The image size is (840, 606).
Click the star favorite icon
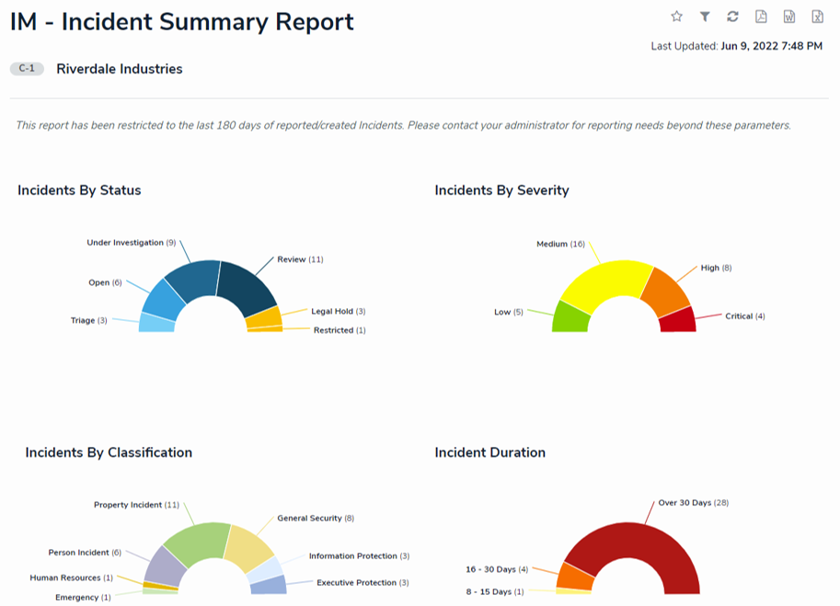pyautogui.click(x=677, y=17)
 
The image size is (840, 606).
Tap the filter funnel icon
pyautogui.click(x=705, y=17)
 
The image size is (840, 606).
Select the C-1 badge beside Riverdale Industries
pyautogui.click(x=27, y=69)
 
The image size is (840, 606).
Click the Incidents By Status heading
pyautogui.click(x=79, y=190)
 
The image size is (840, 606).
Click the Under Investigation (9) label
pyautogui.click(x=131, y=243)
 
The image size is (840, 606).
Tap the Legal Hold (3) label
pyautogui.click(x=338, y=312)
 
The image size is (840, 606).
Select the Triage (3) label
pyautogui.click(x=88, y=321)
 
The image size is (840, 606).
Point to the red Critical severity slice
pyautogui.click(x=677, y=320)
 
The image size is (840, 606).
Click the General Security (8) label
pyautogui.click(x=316, y=519)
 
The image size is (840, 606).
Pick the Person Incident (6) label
pyautogui.click(x=85, y=553)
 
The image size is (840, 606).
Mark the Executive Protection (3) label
pyautogui.click(x=362, y=583)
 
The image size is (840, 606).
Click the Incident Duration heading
pyautogui.click(x=489, y=452)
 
